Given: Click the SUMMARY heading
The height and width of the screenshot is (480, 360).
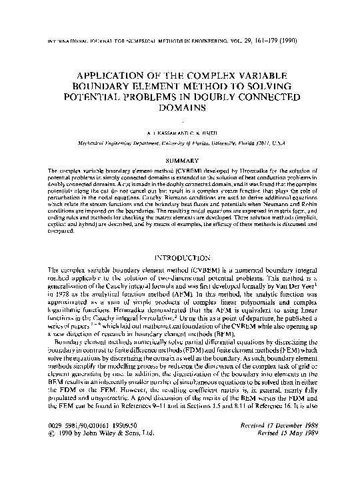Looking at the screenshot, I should (x=179, y=160).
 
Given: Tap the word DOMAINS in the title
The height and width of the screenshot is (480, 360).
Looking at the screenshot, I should (x=179, y=107).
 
